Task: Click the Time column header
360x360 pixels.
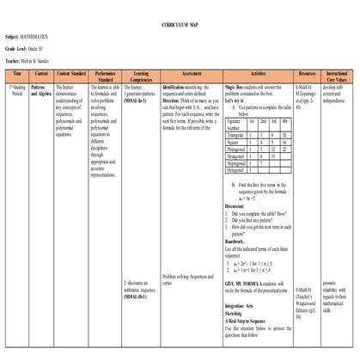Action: tap(16, 76)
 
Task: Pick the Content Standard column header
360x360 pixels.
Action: tap(70, 76)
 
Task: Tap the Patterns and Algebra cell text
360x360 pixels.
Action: tap(40, 90)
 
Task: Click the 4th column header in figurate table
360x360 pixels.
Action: tap(284, 123)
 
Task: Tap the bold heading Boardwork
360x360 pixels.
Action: tap(237, 242)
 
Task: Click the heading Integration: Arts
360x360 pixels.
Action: tap(241, 305)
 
